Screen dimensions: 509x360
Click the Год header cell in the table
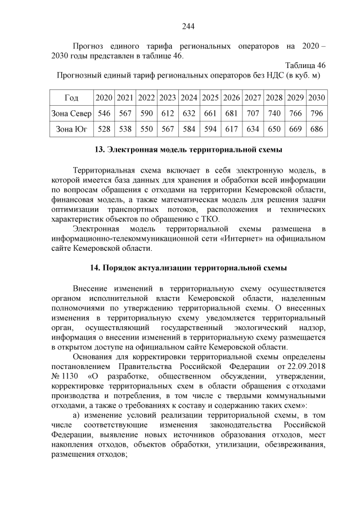[71, 98]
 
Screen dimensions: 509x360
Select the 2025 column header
[210, 98]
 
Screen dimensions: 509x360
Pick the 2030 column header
[317, 98]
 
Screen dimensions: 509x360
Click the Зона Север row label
[71, 114]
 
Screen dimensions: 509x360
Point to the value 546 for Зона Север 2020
[104, 114]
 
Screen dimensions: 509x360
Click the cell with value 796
[317, 114]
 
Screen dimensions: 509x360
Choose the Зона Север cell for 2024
[189, 114]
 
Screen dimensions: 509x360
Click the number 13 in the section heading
[100, 150]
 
